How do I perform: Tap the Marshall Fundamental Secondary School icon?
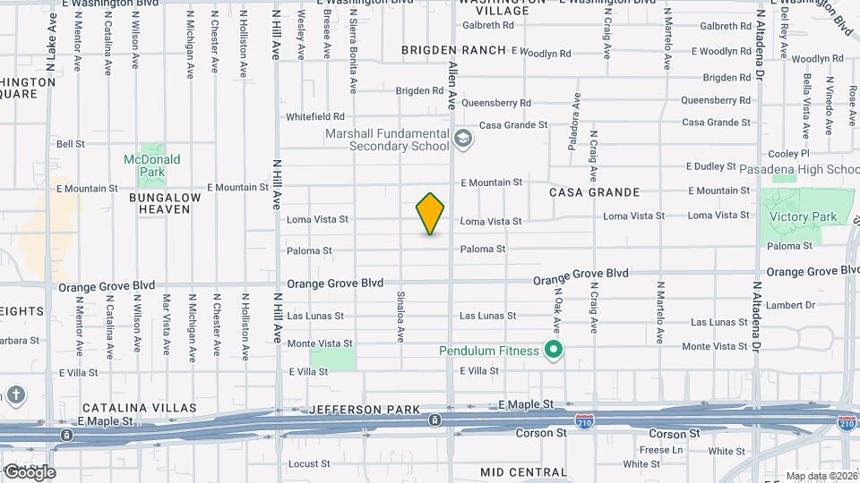(462, 139)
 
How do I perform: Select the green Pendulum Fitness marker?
(554, 350)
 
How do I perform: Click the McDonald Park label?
(151, 165)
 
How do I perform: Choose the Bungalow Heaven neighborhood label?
(159, 202)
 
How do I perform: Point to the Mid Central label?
(517, 471)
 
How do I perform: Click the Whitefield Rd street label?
(315, 116)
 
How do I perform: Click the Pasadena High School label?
(800, 169)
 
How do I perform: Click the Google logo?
(30, 472)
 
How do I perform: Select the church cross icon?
(15, 395)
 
